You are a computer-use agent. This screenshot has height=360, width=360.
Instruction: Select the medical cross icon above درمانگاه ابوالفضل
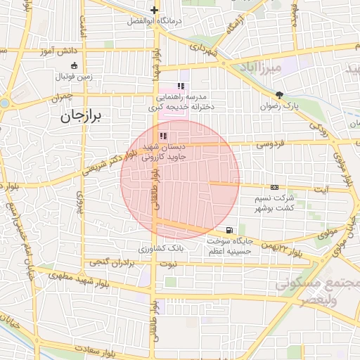click(x=154, y=10)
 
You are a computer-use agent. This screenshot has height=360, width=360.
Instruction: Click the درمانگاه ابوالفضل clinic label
click(x=154, y=21)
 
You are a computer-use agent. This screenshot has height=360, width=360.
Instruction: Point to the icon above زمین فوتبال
click(x=74, y=65)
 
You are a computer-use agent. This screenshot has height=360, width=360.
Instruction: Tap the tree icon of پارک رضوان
click(x=280, y=95)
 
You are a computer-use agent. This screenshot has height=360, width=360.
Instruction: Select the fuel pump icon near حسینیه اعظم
click(x=229, y=230)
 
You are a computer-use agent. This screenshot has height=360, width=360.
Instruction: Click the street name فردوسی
click(x=268, y=144)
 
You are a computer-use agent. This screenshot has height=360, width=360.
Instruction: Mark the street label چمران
click(x=62, y=101)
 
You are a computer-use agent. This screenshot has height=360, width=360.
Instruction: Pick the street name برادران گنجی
click(x=113, y=263)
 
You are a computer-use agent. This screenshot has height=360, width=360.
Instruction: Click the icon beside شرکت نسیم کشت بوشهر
click(x=274, y=187)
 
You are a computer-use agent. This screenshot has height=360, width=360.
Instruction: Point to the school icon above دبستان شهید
click(x=163, y=136)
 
